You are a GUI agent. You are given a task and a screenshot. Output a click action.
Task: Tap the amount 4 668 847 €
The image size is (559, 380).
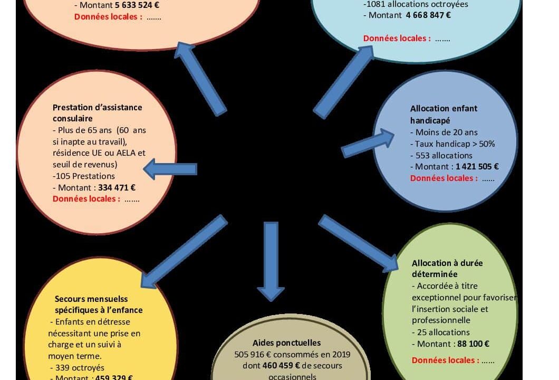pos(428,15)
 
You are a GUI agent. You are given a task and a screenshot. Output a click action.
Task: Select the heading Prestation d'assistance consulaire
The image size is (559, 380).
pos(97,113)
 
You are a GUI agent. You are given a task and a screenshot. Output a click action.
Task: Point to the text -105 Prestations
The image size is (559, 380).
pos(84,176)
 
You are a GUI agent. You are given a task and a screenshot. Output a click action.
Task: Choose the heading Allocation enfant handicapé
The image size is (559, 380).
pos(444,114)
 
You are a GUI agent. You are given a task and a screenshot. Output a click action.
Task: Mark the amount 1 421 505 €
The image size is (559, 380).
pos(477,167)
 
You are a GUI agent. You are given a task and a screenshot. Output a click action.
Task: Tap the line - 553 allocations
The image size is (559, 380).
pos(441,155)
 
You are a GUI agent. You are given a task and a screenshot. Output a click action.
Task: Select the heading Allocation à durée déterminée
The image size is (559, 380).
pos(447,268)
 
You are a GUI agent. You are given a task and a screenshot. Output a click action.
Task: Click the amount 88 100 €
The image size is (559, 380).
pos(473,344)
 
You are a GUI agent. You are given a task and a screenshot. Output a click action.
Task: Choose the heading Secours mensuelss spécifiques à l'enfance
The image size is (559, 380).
pos(99,305)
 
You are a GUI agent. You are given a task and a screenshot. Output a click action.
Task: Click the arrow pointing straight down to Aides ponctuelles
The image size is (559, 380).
pos(271,259)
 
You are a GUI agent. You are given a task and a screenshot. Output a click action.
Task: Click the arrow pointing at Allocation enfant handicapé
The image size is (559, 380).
pos(368,143)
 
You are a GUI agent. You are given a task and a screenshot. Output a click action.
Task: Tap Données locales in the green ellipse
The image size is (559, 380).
pos(445,360)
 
